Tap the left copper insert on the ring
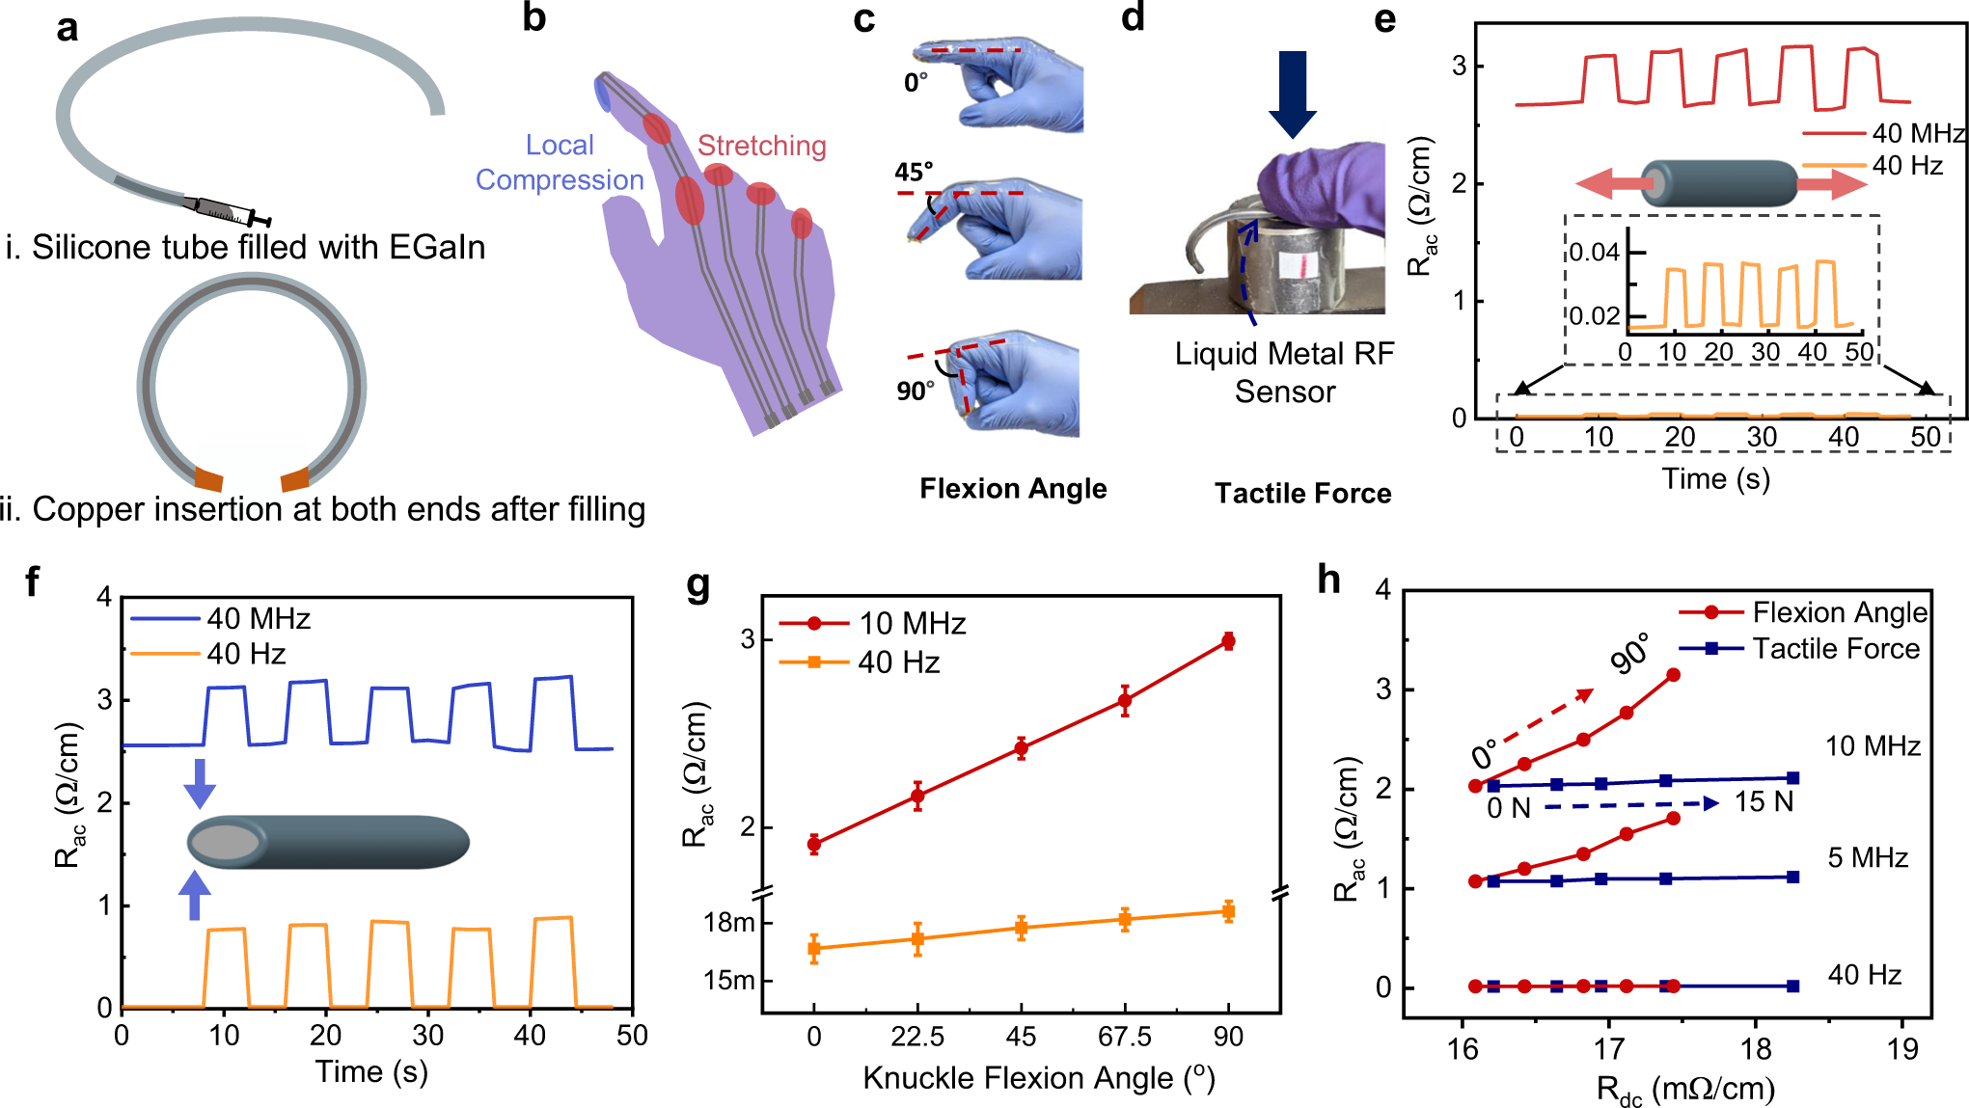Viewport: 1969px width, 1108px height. click(x=208, y=477)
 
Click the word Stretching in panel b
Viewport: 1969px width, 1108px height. click(x=761, y=146)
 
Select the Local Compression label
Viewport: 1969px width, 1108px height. click(x=560, y=163)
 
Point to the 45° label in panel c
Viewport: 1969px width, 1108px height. click(x=913, y=172)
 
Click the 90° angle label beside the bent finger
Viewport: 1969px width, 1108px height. click(x=915, y=391)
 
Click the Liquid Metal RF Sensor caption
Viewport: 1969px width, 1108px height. click(x=1284, y=372)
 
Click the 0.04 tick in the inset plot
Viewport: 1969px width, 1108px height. click(x=1594, y=253)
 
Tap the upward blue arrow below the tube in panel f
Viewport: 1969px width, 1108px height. click(x=195, y=896)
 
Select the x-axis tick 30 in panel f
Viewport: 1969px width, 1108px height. click(x=427, y=1035)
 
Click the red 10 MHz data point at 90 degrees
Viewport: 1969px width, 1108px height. click(x=1228, y=640)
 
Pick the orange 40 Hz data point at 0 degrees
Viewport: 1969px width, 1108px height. click(x=814, y=949)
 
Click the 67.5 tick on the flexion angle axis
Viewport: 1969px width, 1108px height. click(x=1125, y=1037)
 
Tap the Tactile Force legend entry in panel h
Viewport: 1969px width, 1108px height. click(x=1835, y=649)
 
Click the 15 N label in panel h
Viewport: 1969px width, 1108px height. click(x=1764, y=801)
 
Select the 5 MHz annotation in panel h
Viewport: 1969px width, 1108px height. click(x=1868, y=857)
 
